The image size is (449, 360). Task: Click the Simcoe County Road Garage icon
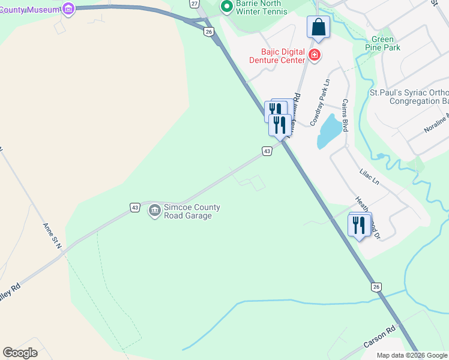(x=154, y=209)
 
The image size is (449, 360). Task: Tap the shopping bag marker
(x=318, y=27)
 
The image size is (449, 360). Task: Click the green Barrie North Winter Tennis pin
(x=226, y=7)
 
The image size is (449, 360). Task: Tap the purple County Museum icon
(x=68, y=8)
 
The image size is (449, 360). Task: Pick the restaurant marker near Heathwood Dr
(x=359, y=226)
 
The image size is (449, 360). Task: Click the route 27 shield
(x=194, y=3)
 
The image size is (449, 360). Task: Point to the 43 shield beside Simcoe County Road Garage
(x=135, y=208)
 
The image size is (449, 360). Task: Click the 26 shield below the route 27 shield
(x=208, y=31)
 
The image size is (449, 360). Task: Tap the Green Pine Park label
(x=383, y=43)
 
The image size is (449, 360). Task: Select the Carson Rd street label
(x=380, y=338)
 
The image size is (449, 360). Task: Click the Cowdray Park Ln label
(x=320, y=102)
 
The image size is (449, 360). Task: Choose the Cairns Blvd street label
(x=345, y=115)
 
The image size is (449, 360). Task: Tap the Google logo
(x=20, y=353)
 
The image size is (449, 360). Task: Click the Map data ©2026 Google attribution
(x=411, y=355)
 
